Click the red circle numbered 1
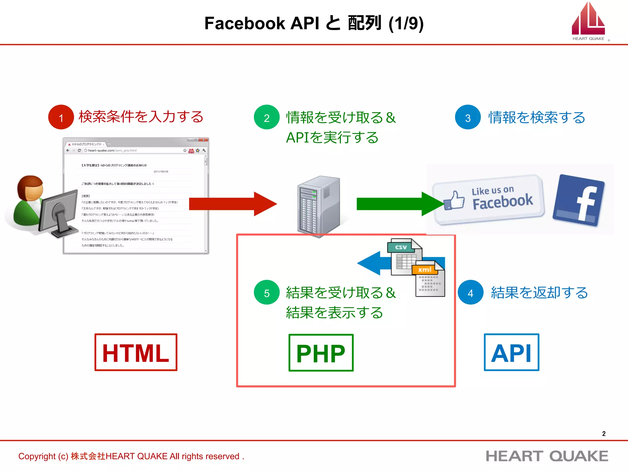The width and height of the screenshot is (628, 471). [61, 117]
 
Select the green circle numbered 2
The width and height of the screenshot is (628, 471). [266, 117]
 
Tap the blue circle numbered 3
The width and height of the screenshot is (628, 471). [468, 117]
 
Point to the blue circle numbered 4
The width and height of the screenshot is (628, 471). [470, 293]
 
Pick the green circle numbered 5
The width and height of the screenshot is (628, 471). [266, 293]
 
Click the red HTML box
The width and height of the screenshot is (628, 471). [136, 352]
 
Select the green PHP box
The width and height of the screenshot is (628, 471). [321, 353]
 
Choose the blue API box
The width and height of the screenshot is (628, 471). [511, 352]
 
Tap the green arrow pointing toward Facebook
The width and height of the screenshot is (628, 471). [399, 204]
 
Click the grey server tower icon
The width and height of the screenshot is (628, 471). [319, 205]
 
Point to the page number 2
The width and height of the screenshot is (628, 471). [604, 434]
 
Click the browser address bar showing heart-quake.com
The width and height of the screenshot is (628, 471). [135, 151]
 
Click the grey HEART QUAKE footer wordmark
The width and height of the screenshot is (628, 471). [547, 456]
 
